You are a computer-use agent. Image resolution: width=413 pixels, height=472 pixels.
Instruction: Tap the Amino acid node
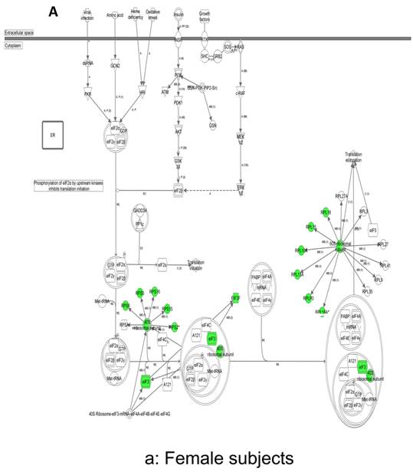pyautogui.click(x=116, y=15)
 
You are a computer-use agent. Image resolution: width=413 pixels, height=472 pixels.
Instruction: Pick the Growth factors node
pyautogui.click(x=205, y=15)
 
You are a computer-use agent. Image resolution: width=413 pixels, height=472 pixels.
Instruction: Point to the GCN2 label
pyautogui.click(x=116, y=66)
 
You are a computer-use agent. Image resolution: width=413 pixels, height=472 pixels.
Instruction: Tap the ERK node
pyautogui.click(x=239, y=188)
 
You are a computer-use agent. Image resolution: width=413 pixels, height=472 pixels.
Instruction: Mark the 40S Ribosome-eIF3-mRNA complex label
pyautogui.click(x=139, y=415)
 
